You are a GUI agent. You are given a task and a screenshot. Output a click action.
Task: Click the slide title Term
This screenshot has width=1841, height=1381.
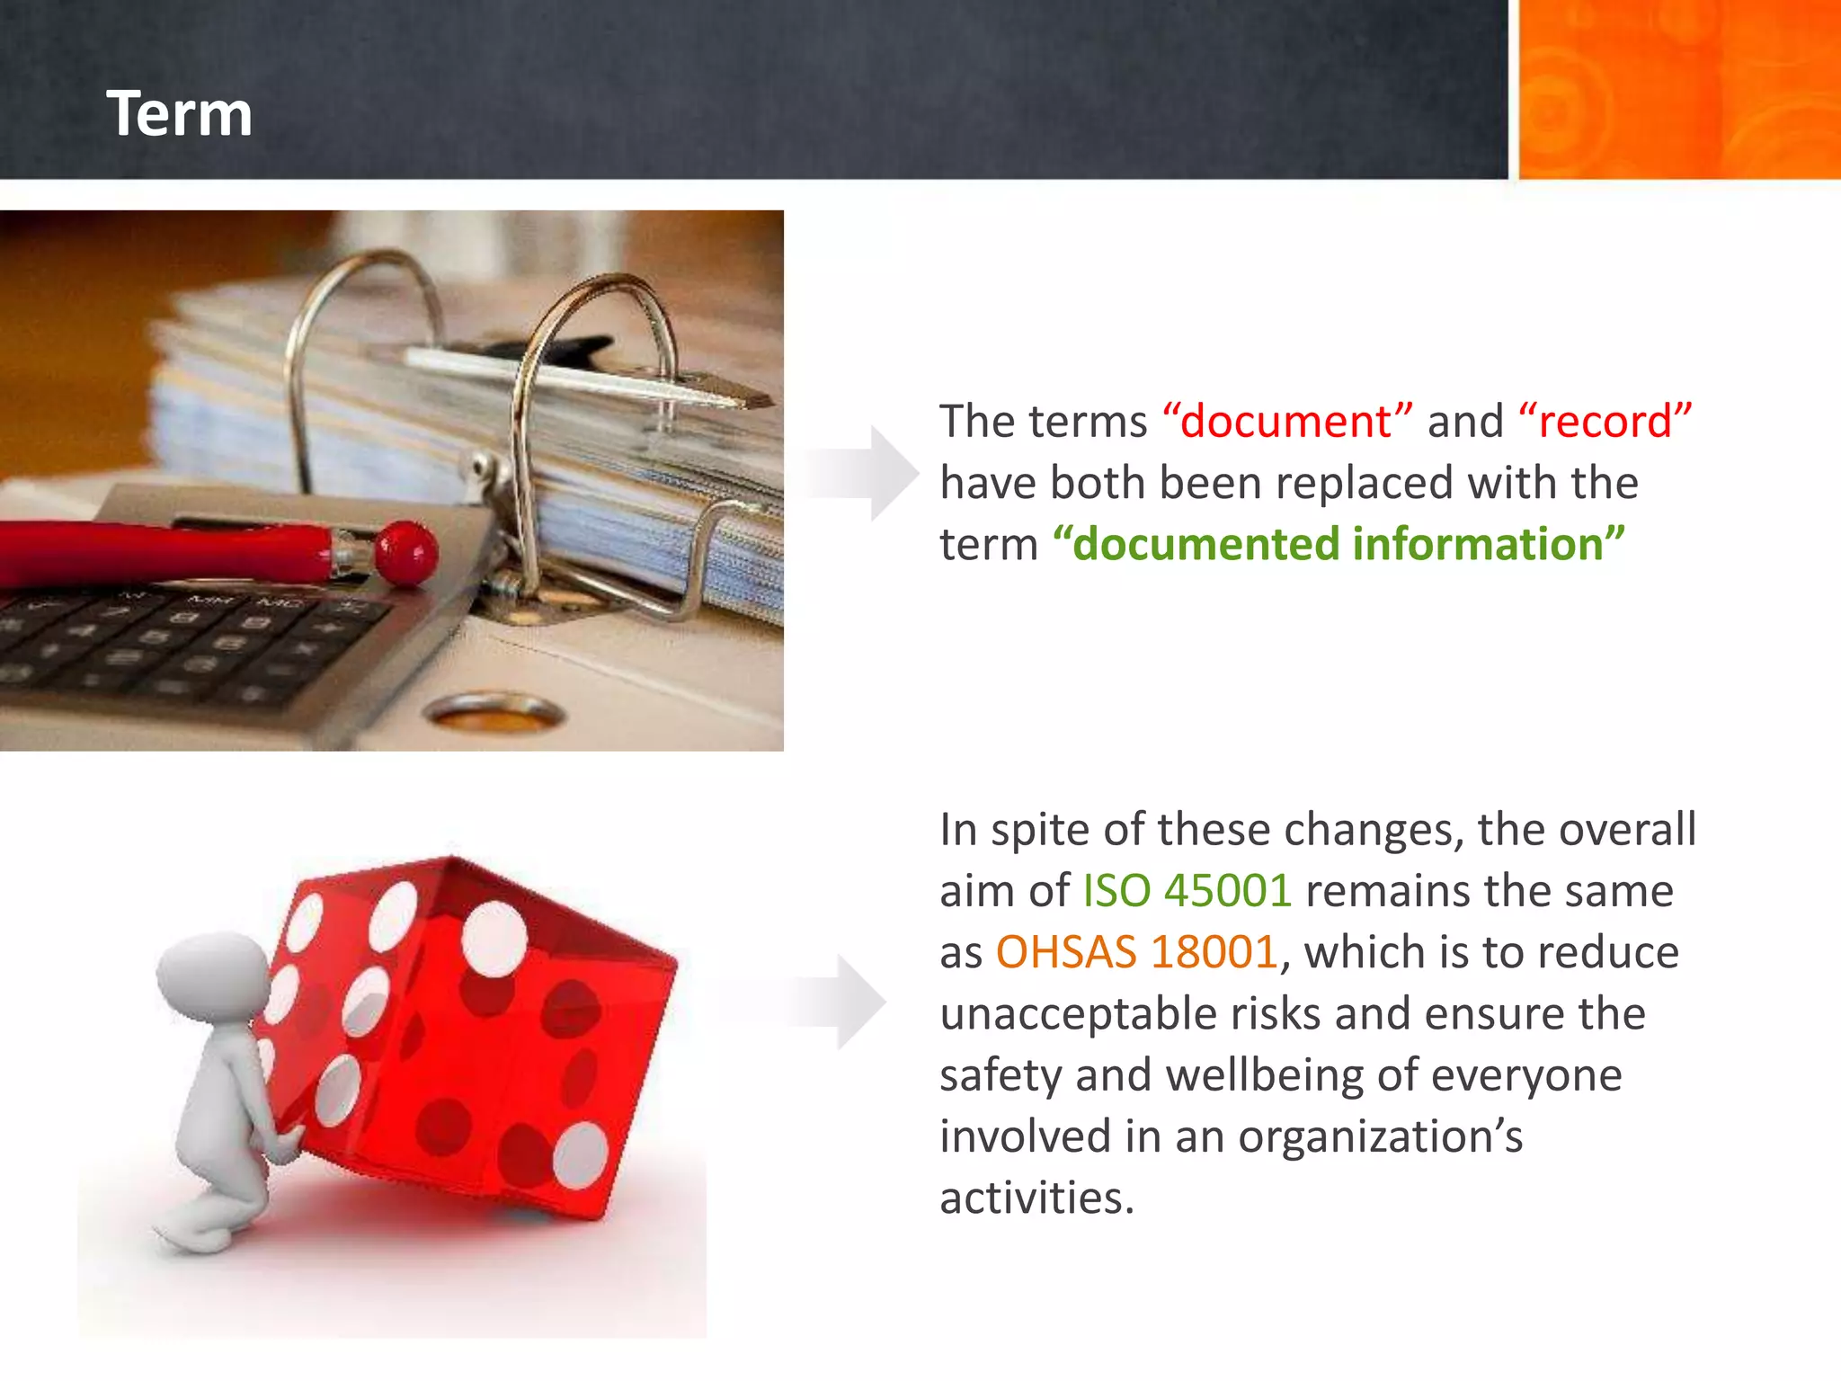[179, 114]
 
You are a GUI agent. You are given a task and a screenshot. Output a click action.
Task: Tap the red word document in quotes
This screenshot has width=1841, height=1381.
[1285, 422]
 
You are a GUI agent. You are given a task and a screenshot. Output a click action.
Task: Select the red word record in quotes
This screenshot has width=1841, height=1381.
[1605, 422]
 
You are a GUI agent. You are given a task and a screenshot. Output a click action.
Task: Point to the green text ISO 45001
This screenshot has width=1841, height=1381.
[1187, 891]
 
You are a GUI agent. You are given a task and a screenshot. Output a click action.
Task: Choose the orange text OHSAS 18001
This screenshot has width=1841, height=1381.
[1136, 952]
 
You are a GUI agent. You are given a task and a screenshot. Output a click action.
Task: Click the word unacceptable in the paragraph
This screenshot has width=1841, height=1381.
[1078, 1014]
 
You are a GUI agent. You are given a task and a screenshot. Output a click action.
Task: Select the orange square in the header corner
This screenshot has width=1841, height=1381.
[1678, 89]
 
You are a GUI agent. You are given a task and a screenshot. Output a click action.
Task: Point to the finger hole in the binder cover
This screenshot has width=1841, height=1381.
[494, 714]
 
